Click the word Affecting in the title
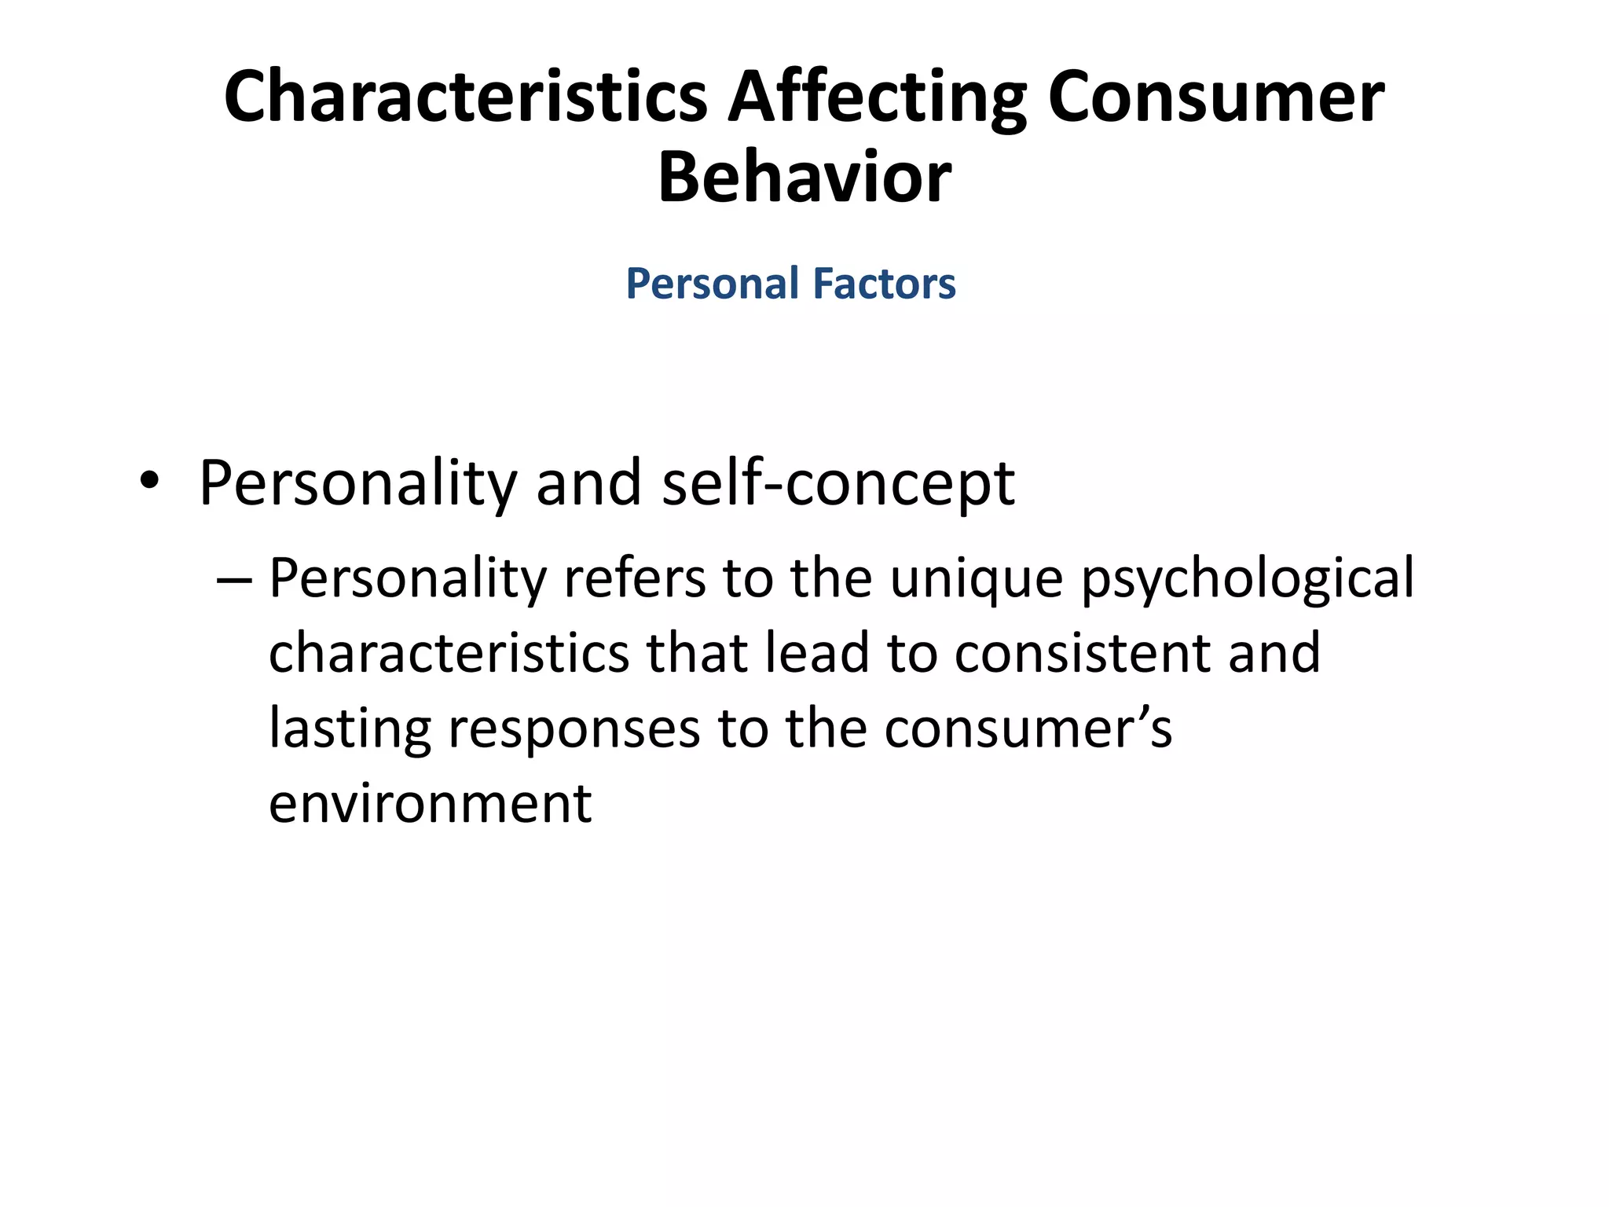point(877,97)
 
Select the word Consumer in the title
point(1215,97)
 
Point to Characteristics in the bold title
point(465,97)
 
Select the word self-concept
point(838,482)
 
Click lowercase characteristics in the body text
point(449,654)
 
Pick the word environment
point(430,805)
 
